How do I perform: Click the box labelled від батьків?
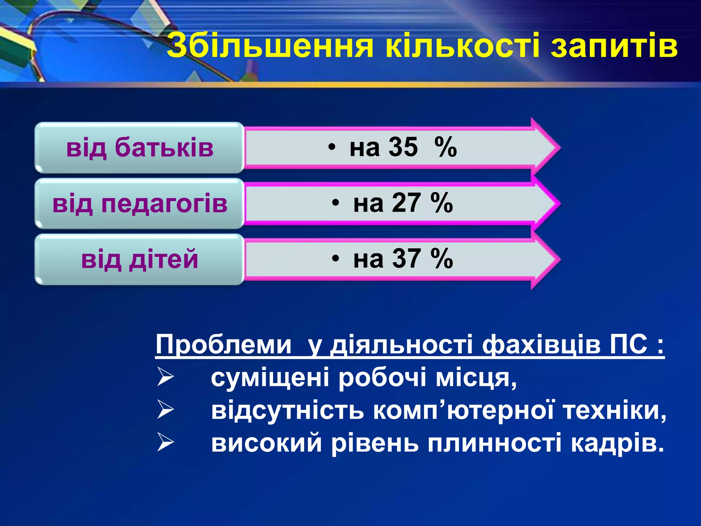[140, 148]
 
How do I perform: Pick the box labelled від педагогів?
[140, 203]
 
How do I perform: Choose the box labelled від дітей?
[140, 259]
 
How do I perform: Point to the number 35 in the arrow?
[403, 147]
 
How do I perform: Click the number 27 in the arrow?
[406, 203]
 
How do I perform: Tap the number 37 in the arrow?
[406, 259]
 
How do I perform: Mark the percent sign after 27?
[442, 203]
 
